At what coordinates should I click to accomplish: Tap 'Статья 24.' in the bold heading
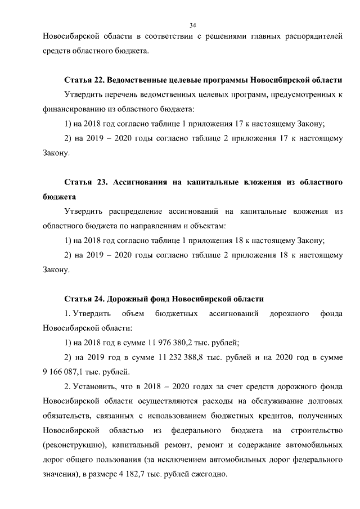83,299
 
